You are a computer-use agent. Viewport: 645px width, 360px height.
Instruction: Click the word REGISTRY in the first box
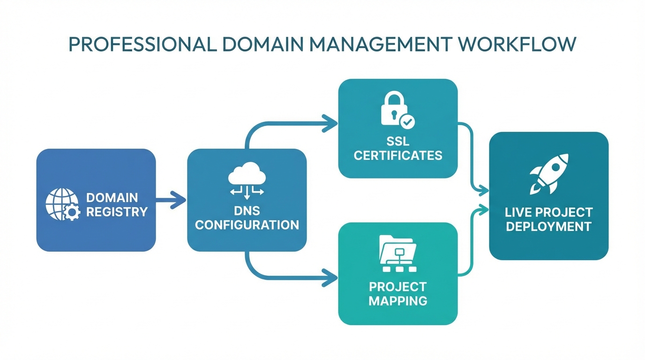coord(117,212)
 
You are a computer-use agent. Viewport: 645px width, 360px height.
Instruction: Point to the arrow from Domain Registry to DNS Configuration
coord(171,200)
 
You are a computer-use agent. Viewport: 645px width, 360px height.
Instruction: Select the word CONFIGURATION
coord(247,225)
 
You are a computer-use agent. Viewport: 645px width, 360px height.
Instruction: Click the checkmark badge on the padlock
coord(407,122)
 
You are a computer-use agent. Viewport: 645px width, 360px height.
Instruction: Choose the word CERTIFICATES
coord(398,156)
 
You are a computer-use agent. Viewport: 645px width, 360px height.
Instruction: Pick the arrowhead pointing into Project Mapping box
coord(331,278)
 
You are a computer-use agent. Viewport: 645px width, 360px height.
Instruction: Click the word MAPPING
coord(398,300)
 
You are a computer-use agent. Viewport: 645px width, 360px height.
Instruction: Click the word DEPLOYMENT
coord(549,226)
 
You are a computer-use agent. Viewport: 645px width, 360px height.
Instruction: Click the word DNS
coord(247,210)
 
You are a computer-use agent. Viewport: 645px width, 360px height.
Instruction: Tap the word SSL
coord(398,141)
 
